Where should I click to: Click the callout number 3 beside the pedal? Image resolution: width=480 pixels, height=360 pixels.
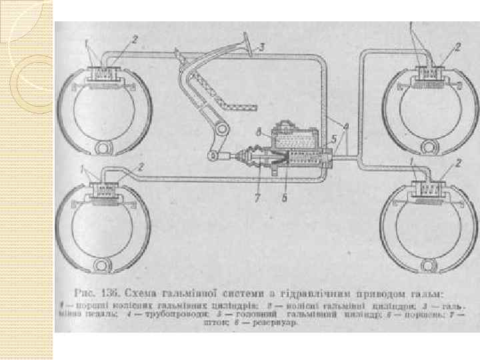(x=262, y=47)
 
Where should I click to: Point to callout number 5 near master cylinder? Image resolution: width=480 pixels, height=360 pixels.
(x=333, y=139)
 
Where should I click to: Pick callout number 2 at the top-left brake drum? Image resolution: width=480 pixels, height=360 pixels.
(x=134, y=39)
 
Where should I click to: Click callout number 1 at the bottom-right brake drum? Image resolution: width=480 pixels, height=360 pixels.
(x=413, y=161)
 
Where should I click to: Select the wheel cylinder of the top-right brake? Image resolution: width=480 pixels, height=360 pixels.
(x=427, y=73)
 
